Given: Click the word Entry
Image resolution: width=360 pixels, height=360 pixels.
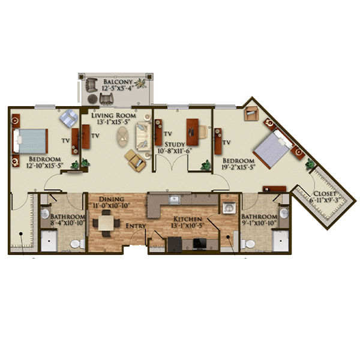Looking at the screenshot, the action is pyautogui.click(x=136, y=226).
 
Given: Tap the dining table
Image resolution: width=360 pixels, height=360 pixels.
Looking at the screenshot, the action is pyautogui.click(x=106, y=223).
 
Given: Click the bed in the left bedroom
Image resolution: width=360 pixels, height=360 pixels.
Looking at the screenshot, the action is pyautogui.click(x=31, y=141).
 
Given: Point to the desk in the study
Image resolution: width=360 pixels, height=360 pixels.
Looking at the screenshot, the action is pyautogui.click(x=193, y=132).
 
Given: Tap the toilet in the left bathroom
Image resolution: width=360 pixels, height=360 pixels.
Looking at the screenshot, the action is pyautogui.click(x=77, y=244).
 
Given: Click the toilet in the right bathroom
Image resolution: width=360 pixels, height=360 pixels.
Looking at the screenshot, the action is pyautogui.click(x=248, y=244).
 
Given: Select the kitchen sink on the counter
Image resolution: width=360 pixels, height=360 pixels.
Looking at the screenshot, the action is pyautogui.click(x=175, y=200).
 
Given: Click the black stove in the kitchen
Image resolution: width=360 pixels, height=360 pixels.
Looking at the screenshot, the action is pyautogui.click(x=200, y=244).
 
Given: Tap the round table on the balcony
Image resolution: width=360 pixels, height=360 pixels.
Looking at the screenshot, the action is pyautogui.click(x=93, y=99).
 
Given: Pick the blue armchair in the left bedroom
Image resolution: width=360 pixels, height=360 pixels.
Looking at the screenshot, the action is pyautogui.click(x=68, y=118).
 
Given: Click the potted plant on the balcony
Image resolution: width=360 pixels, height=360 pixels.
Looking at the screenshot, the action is pyautogui.click(x=140, y=83).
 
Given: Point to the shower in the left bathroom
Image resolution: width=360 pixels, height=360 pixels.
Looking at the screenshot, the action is pyautogui.click(x=49, y=241).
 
